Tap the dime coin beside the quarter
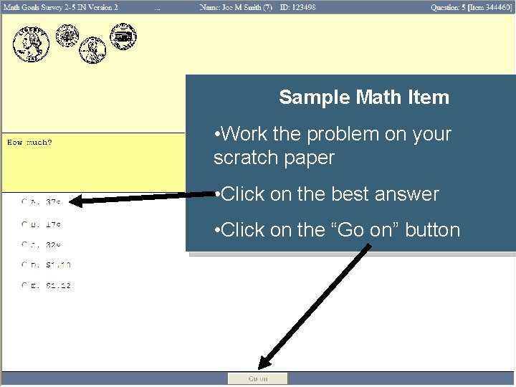[x=68, y=34]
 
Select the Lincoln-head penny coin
[x=92, y=49]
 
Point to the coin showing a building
[x=122, y=35]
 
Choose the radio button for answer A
[x=25, y=203]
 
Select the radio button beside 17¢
[x=25, y=224]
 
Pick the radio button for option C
[x=25, y=244]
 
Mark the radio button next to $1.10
[x=25, y=265]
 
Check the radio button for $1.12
[x=25, y=286]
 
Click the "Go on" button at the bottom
[x=257, y=378]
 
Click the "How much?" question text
[x=29, y=143]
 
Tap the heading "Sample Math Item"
[x=364, y=97]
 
